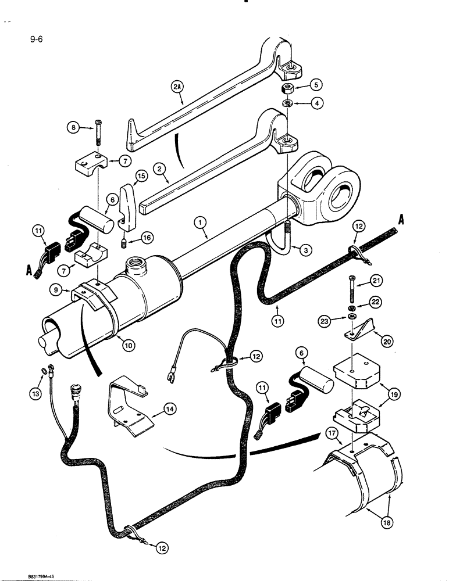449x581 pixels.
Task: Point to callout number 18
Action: [x=385, y=523]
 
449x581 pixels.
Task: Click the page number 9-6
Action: [x=27, y=41]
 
